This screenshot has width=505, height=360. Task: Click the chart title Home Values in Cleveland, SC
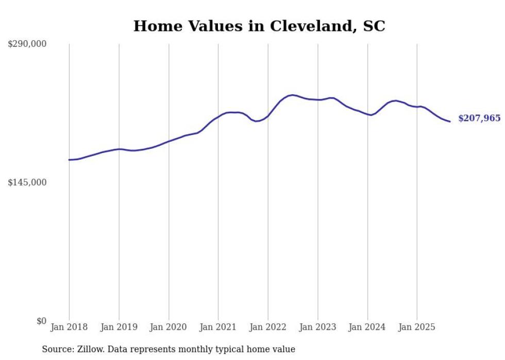point(259,26)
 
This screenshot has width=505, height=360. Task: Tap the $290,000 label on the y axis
point(27,44)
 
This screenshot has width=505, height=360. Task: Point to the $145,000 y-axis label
point(27,183)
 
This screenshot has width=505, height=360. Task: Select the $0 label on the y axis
point(41,321)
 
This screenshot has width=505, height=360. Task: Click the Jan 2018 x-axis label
point(69,327)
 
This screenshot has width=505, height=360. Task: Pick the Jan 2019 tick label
point(119,327)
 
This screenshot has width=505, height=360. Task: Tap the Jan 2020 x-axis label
point(169,327)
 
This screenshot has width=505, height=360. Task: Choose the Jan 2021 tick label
point(218,327)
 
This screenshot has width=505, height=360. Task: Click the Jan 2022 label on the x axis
point(268,327)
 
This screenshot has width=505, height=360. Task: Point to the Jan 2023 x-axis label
point(317,327)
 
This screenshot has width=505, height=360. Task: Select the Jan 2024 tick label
point(367,327)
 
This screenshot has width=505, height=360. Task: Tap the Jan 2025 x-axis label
point(417,327)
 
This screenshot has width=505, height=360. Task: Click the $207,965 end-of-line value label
point(479,118)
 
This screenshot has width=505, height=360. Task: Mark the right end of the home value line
point(450,122)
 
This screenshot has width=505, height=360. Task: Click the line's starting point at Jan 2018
point(69,160)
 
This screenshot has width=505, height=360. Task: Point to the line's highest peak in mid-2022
point(292,95)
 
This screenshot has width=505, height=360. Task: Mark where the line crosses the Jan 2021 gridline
point(218,116)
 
